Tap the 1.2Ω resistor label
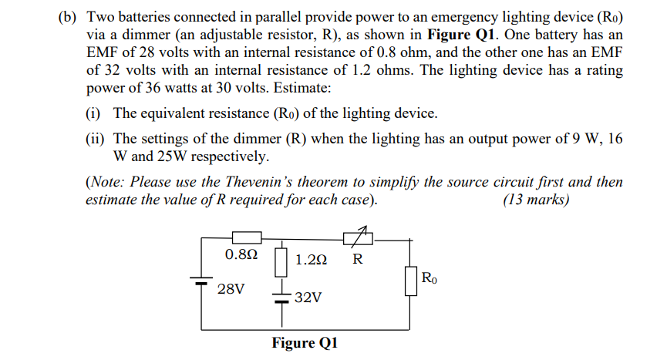pos(311,260)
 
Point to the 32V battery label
pos(308,297)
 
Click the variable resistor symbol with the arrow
pos(359,238)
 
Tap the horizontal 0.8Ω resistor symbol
pos(247,239)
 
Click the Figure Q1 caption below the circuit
pos(305,342)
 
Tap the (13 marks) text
pos(536,200)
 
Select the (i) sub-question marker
pos(94,113)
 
